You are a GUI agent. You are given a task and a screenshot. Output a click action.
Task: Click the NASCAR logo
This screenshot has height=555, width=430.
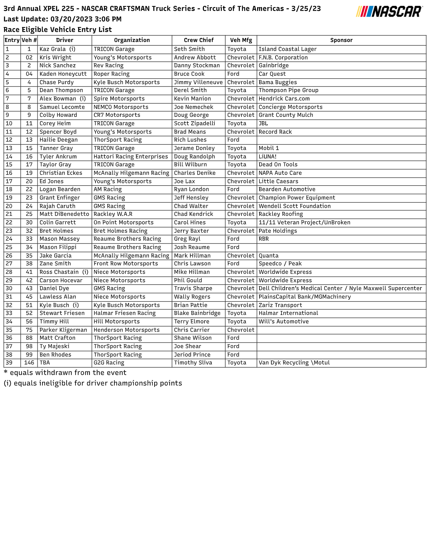(x=389, y=12)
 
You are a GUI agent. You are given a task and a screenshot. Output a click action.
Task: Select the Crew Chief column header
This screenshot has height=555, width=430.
(x=198, y=40)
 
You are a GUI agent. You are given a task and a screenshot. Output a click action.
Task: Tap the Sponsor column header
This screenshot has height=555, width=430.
(x=341, y=40)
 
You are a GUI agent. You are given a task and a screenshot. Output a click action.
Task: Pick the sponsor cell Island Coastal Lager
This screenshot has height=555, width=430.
(x=287, y=49)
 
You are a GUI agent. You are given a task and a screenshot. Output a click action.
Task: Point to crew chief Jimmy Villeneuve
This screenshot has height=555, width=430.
(x=198, y=82)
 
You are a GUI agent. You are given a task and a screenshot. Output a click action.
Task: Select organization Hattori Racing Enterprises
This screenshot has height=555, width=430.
(x=130, y=157)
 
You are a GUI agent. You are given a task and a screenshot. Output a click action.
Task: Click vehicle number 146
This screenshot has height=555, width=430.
(x=29, y=363)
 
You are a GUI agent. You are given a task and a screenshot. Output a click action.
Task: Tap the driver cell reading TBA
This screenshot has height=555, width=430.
(x=45, y=363)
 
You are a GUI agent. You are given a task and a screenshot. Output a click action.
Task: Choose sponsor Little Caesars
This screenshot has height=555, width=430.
(x=278, y=181)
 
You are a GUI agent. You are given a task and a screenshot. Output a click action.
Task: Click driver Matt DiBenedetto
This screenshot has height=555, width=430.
(x=64, y=214)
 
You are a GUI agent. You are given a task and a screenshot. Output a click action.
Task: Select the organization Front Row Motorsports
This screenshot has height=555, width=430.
(x=126, y=264)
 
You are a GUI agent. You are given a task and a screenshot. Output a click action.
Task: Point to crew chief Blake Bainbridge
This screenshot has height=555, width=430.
(x=197, y=313)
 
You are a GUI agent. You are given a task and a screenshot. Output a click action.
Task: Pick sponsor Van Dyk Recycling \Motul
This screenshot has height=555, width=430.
(x=294, y=363)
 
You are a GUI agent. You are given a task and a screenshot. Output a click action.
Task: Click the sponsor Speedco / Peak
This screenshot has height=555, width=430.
(x=280, y=264)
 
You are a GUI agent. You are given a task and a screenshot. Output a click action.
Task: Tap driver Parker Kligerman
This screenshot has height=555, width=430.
(x=63, y=330)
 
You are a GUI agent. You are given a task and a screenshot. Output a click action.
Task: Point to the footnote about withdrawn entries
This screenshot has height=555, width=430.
(x=65, y=373)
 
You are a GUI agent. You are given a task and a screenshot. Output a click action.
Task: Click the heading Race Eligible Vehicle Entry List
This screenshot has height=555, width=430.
(x=58, y=30)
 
